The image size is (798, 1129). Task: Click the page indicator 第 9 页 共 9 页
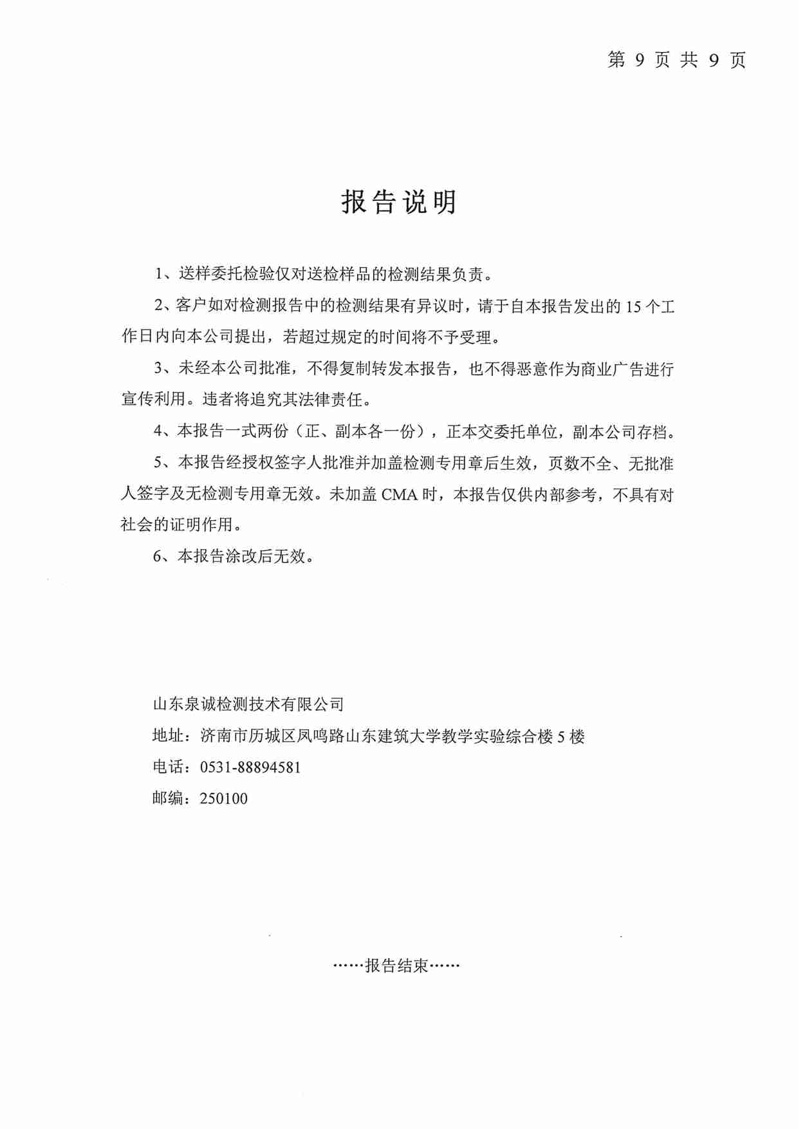(676, 61)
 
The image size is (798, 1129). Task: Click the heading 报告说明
(399, 202)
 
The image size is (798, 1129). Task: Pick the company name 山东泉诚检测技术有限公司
(248, 704)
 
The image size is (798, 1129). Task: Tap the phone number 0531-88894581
(250, 767)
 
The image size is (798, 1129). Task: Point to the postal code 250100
(223, 799)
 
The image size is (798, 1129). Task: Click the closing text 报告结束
(396, 966)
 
